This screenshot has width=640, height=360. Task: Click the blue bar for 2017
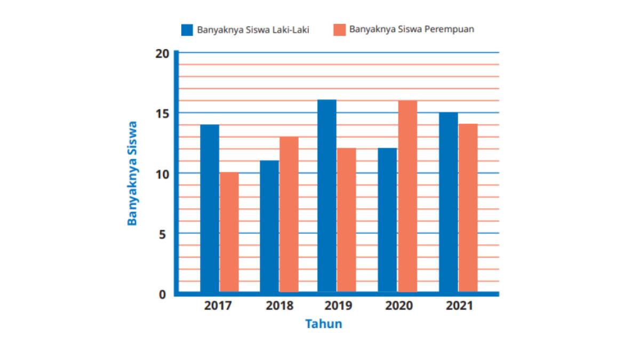209,208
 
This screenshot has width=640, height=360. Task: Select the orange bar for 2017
229,232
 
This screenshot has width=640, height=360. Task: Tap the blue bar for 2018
269,226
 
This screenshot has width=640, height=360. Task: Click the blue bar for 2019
327,196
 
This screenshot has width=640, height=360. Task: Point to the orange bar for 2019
346,220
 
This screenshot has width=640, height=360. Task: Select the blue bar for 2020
387,220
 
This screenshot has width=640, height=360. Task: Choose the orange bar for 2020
407,196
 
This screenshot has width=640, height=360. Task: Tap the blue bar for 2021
448,202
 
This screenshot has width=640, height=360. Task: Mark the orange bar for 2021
468,208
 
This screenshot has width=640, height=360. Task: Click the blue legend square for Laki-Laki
187,30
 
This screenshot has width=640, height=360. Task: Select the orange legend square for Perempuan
339,30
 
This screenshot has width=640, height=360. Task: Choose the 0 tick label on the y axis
163,294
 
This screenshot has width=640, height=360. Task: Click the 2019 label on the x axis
338,307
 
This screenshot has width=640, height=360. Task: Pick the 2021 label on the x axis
459,307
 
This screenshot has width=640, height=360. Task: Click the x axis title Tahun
324,324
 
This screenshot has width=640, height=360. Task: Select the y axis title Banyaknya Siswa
132,173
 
